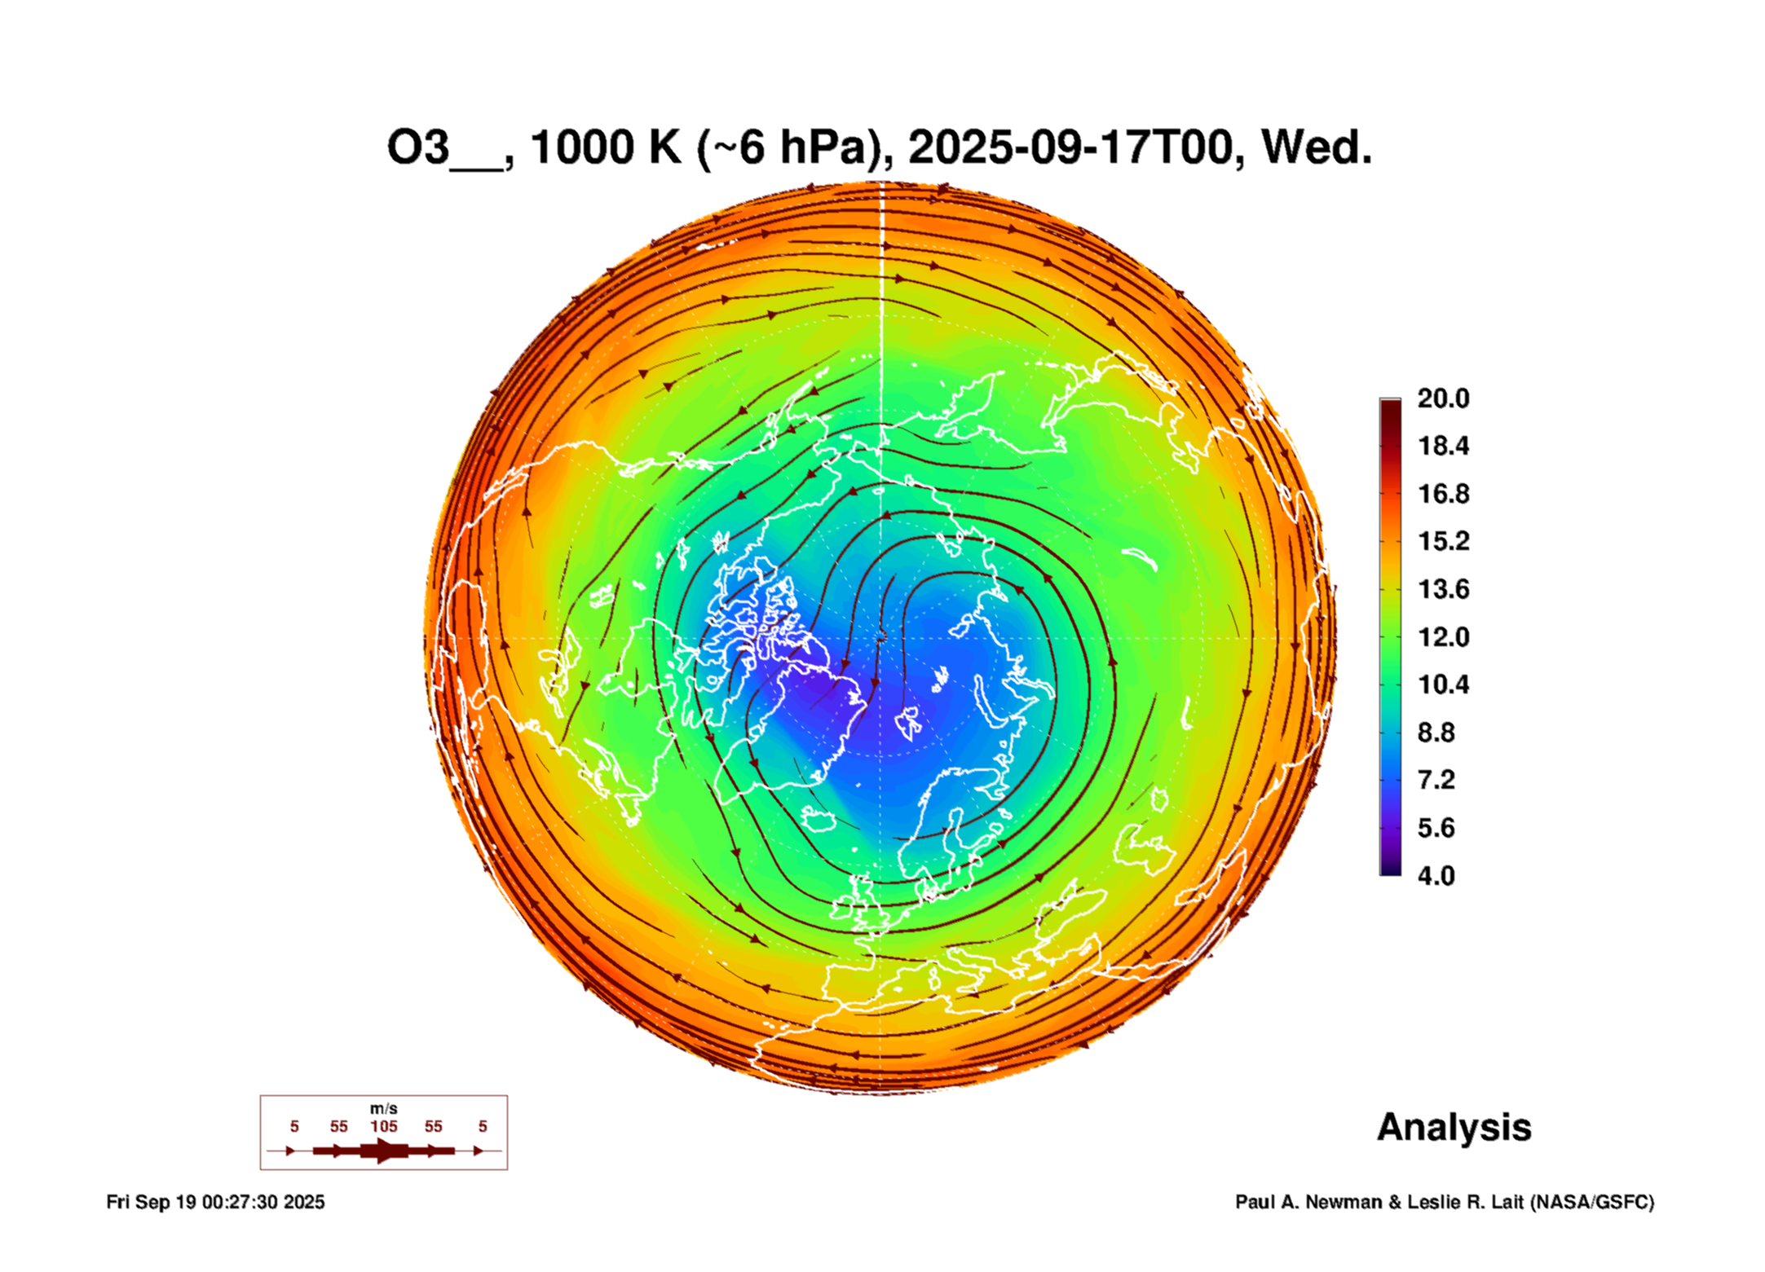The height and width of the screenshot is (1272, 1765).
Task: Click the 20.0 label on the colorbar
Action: (1442, 398)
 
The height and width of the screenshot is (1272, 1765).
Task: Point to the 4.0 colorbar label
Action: (1436, 876)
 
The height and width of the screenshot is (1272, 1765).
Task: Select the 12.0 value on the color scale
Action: (1442, 637)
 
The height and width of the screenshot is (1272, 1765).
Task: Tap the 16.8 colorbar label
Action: (1442, 494)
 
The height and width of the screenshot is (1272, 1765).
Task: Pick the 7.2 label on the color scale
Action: (1436, 781)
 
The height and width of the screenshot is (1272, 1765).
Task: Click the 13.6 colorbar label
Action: (1442, 589)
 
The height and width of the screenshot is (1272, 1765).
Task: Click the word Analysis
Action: (1454, 1128)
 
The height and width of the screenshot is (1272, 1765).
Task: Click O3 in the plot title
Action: (418, 148)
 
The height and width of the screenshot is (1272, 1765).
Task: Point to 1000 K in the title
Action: (605, 148)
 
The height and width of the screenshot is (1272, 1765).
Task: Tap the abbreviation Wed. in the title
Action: (1316, 148)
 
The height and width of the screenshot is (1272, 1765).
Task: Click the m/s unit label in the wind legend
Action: (383, 1109)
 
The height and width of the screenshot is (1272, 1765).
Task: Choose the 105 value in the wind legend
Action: (383, 1127)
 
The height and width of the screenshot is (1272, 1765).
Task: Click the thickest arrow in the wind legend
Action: (383, 1151)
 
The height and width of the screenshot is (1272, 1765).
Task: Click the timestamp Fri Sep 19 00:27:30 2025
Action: (215, 1203)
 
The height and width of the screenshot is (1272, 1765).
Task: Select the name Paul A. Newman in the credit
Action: (1308, 1203)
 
